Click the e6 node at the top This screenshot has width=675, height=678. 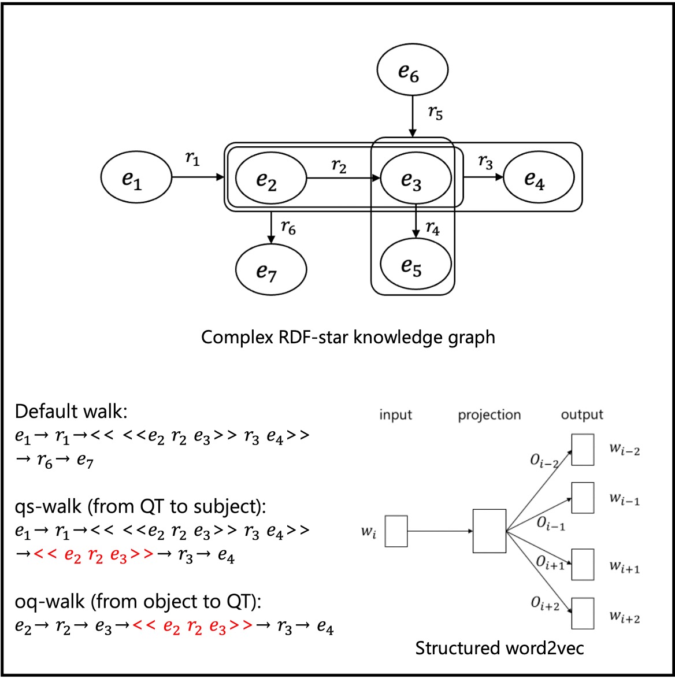tap(412, 71)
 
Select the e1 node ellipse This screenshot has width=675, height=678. tap(136, 178)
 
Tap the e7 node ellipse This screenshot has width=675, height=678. tap(270, 270)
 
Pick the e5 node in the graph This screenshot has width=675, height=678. tap(415, 264)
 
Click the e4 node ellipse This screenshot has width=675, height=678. tap(539, 178)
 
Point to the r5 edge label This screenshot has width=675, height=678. tap(435, 113)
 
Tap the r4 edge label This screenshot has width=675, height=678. tap(432, 229)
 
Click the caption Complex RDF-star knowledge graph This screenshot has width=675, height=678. tap(348, 337)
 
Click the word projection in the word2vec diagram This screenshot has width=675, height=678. tap(489, 415)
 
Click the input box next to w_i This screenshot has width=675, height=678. tap(396, 531)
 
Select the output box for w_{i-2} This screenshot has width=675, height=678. tap(583, 450)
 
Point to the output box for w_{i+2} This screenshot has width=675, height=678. tap(583, 613)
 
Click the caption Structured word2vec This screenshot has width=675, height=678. tap(499, 647)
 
